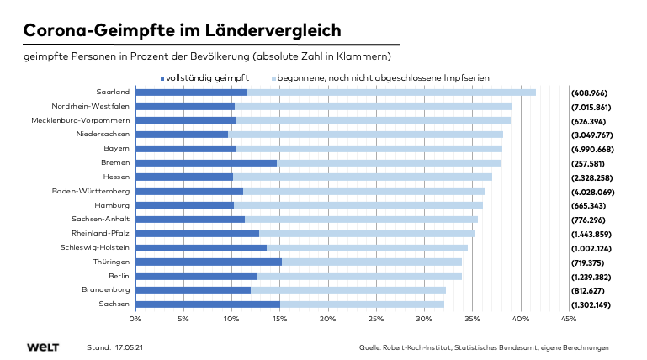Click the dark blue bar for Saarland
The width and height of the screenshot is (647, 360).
[191, 92]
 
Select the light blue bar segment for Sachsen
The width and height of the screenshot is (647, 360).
[362, 304]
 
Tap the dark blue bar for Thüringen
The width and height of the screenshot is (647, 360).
[208, 262]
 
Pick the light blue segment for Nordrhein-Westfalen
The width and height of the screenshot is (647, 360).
[373, 106]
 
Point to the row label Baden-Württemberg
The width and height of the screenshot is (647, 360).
[91, 191]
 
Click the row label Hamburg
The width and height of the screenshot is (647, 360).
[113, 205]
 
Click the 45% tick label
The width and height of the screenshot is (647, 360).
[568, 319]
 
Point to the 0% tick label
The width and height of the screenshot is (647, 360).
[135, 319]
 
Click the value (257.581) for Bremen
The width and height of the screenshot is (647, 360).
[588, 162]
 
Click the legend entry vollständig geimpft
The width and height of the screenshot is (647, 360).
[205, 77]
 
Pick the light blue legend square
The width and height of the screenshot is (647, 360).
[273, 77]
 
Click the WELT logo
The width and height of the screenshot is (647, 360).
[41, 347]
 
